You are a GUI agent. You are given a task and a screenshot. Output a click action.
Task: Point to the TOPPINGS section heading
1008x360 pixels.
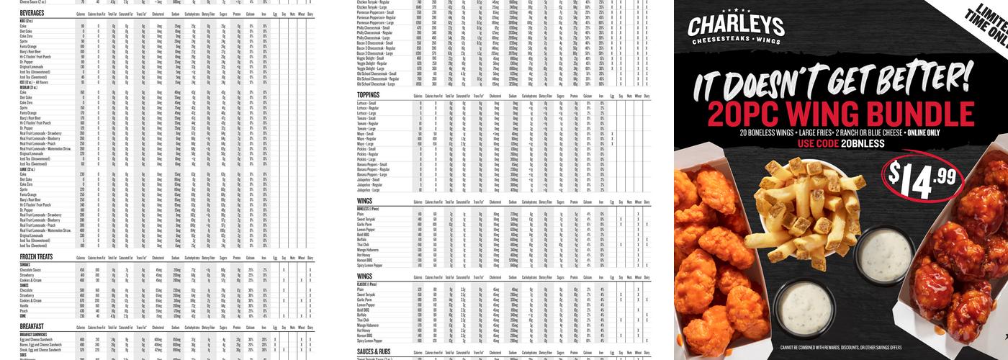[x=368, y=94]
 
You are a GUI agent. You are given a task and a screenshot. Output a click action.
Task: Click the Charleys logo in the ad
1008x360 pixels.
[x=735, y=30]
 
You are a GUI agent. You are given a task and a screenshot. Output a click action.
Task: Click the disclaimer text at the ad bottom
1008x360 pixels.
[x=840, y=348]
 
